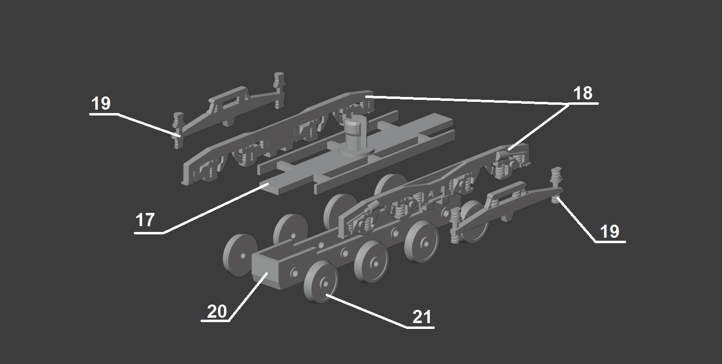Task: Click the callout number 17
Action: (145, 220)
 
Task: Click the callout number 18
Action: (583, 93)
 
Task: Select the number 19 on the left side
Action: (101, 104)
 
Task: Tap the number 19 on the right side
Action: (610, 231)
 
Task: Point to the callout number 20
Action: (217, 312)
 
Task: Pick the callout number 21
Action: (422, 317)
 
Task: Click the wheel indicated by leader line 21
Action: (321, 282)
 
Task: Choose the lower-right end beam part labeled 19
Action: (506, 207)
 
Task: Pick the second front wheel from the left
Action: (371, 262)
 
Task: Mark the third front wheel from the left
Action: (422, 242)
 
